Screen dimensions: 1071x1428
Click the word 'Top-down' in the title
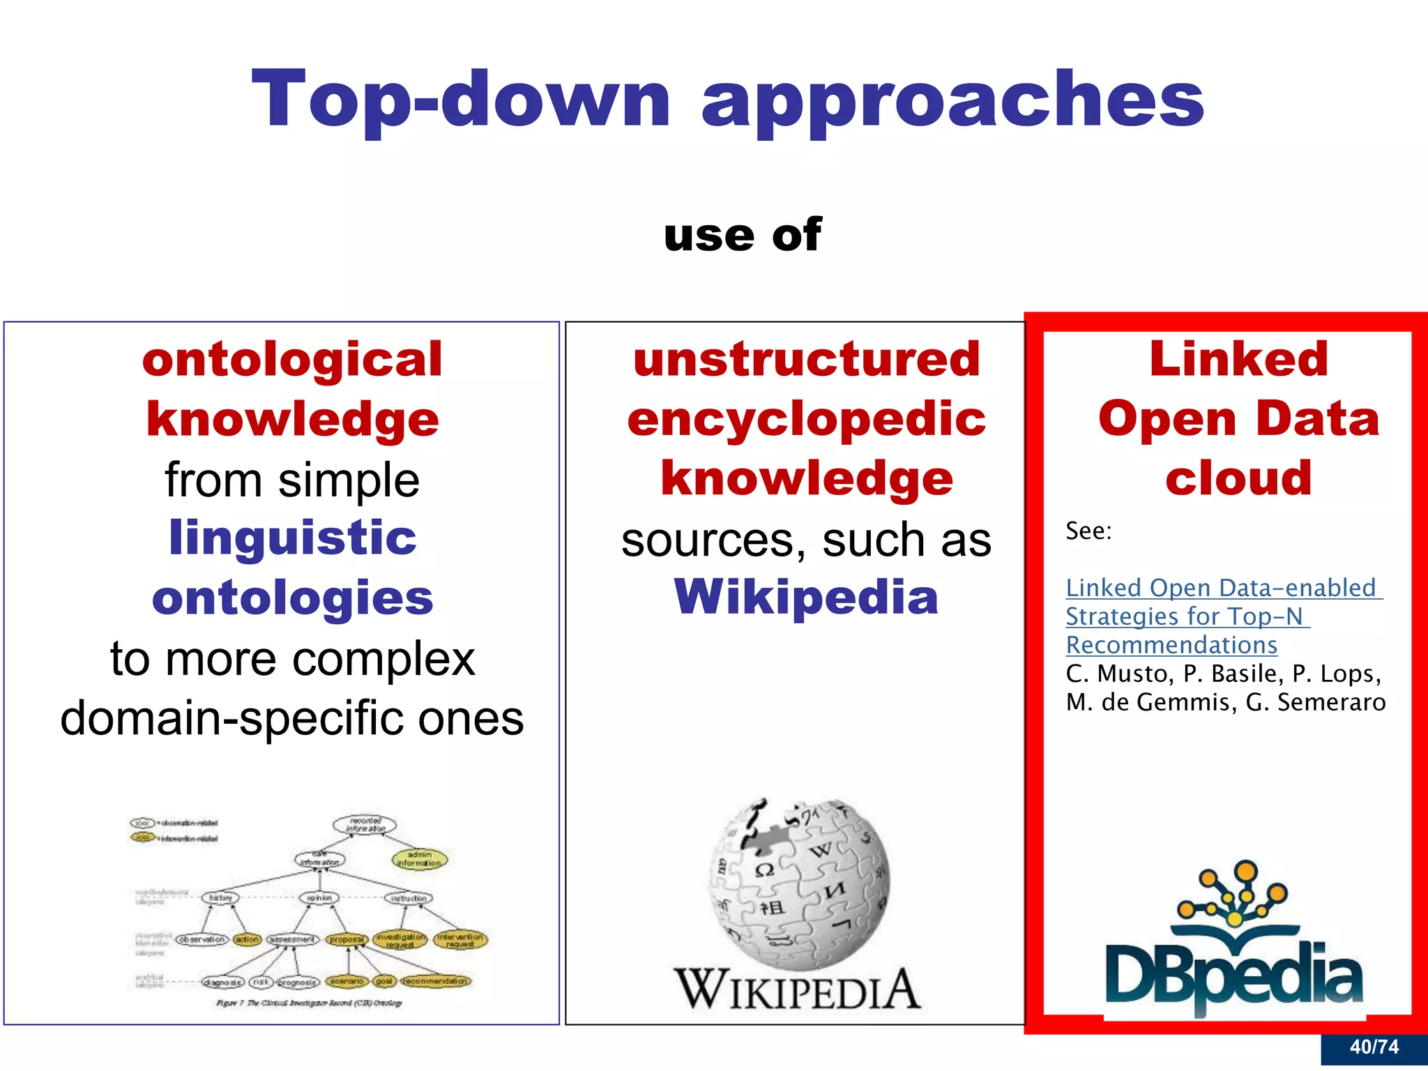tap(460, 100)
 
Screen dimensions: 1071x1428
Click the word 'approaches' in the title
tap(952, 100)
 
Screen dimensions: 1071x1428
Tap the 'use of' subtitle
tap(743, 235)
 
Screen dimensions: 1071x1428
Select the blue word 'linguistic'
tap(292, 538)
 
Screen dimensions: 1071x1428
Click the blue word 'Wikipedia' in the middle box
tap(806, 597)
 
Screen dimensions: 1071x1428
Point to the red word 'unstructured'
tap(807, 359)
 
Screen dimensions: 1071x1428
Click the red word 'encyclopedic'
tap(807, 419)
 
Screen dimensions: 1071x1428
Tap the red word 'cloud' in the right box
tap(1238, 478)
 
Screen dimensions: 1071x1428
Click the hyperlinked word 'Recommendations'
tap(1171, 645)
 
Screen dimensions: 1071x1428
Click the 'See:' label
tap(1088, 531)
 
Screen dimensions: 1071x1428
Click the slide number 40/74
tap(1374, 1047)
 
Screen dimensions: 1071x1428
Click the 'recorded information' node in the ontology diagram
tap(365, 825)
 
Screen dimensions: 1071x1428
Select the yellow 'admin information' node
tap(419, 858)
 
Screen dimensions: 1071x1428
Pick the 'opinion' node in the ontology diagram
tap(319, 898)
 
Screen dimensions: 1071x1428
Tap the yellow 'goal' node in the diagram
tap(383, 981)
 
